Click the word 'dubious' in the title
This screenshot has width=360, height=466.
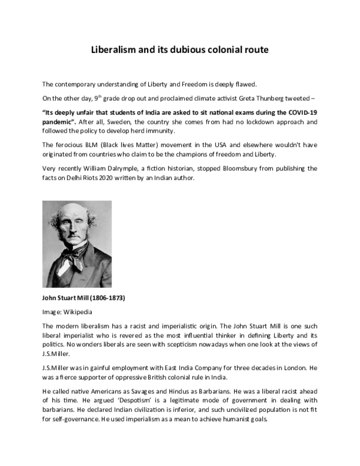pyautogui.click(x=179, y=49)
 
